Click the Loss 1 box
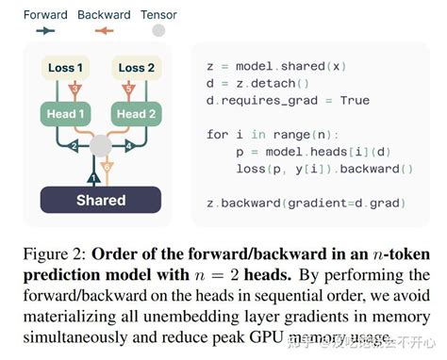[x=66, y=68]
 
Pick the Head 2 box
[x=136, y=115]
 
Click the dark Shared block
[x=101, y=200]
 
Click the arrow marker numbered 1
[x=93, y=175]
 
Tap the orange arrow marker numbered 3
[x=74, y=90]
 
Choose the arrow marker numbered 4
[x=127, y=146]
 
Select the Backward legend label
[x=104, y=15]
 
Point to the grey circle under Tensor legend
[x=158, y=31]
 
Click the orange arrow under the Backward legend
[x=104, y=31]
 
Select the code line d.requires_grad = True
[x=288, y=101]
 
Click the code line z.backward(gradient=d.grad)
[x=307, y=203]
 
